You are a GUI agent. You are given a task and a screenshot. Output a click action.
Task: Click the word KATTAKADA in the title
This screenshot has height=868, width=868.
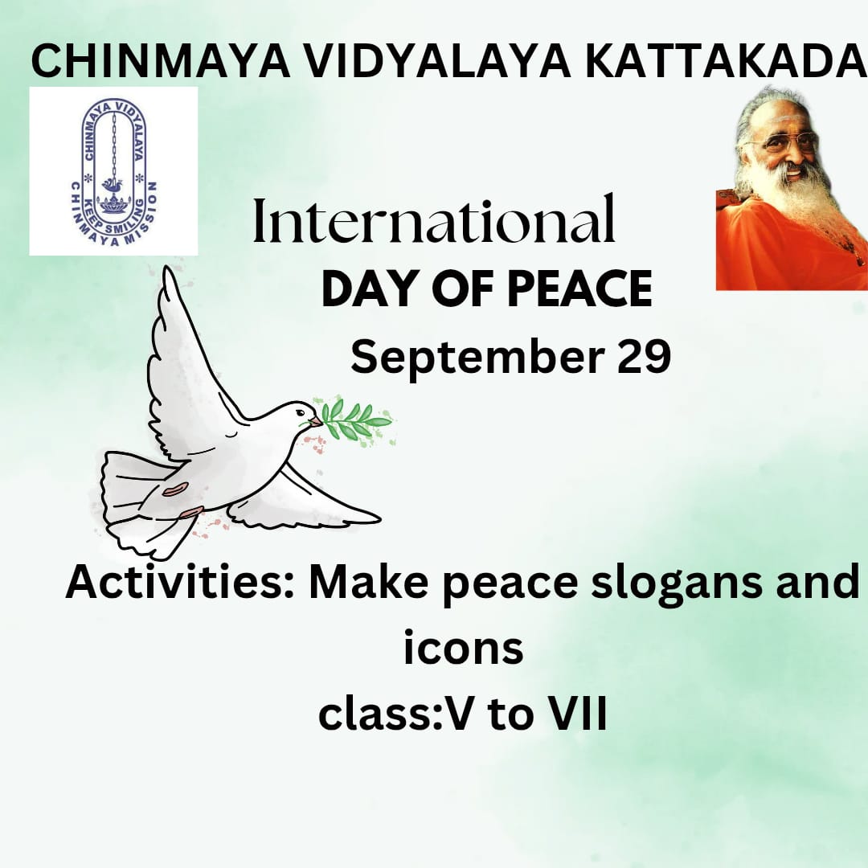pyautogui.click(x=726, y=61)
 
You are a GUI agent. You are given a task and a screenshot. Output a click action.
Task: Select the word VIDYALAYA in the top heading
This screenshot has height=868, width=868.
pyautogui.click(x=438, y=61)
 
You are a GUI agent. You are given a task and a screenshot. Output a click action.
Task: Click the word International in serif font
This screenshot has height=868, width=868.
pyautogui.click(x=434, y=219)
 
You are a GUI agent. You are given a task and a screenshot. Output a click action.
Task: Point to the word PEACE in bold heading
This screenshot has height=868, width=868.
pyautogui.click(x=580, y=289)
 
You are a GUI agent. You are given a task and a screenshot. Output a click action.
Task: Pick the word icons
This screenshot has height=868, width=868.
pyautogui.click(x=464, y=647)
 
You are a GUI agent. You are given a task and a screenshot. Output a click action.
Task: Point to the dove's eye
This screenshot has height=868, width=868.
pyautogui.click(x=299, y=412)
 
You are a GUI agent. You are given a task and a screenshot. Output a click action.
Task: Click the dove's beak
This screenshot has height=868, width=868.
pyautogui.click(x=315, y=422)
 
